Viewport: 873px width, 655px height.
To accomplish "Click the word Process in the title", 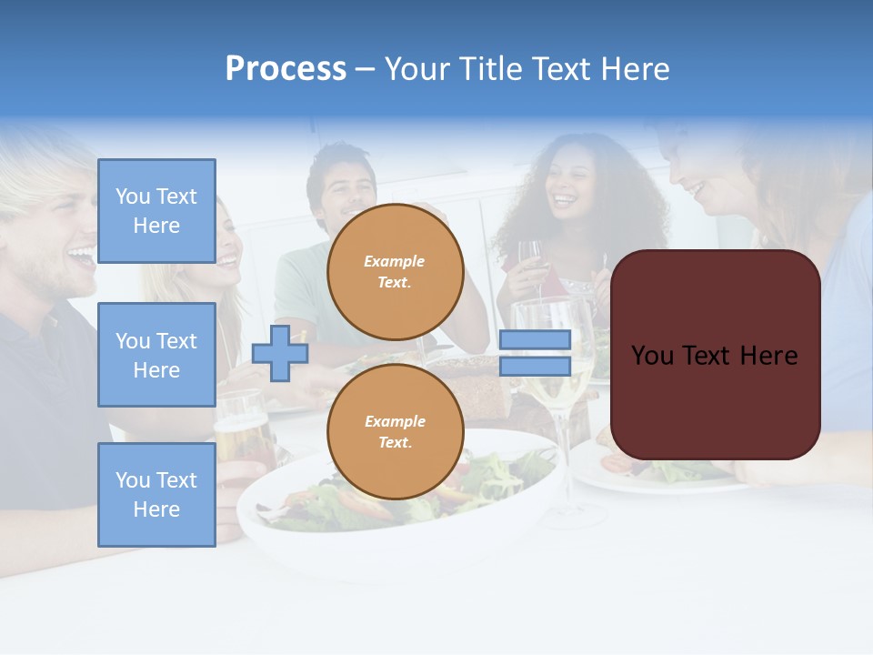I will [x=286, y=69].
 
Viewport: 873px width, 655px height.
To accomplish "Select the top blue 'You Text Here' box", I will [x=156, y=211].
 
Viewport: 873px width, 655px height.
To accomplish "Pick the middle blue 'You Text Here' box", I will [x=156, y=355].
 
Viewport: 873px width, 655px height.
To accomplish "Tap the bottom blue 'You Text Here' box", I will [x=156, y=494].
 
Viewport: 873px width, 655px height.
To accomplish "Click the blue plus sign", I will [x=280, y=353].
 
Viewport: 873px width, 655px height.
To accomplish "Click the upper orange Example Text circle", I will [x=395, y=271].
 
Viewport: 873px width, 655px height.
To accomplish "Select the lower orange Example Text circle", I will [x=395, y=431].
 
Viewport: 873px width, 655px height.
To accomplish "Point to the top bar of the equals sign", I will [x=535, y=339].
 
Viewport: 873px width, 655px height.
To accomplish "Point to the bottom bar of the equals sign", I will [x=535, y=366].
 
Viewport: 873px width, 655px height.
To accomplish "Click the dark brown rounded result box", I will [x=715, y=355].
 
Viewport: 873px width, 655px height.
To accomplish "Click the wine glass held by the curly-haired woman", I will [x=529, y=259].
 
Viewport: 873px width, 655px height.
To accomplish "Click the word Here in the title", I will [x=633, y=69].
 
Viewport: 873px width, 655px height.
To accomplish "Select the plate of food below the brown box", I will [x=664, y=473].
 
